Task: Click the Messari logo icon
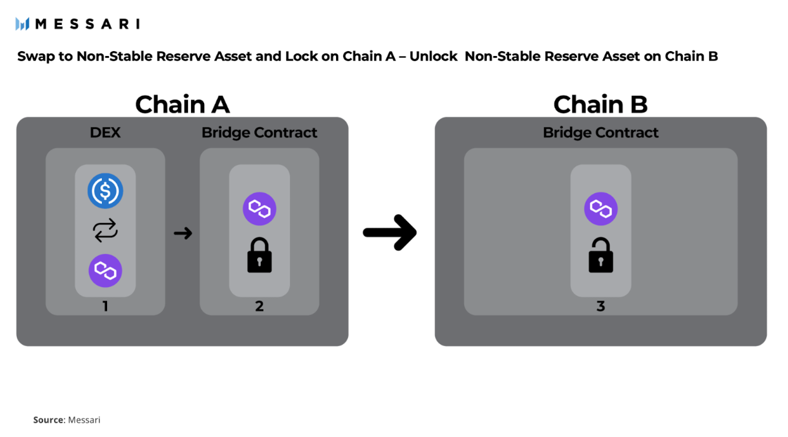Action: pos(22,24)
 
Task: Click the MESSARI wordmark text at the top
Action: pos(87,24)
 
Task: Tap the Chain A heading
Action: pos(182,104)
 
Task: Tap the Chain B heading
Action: pos(600,104)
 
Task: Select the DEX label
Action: pos(105,133)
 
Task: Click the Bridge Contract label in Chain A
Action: pos(259,133)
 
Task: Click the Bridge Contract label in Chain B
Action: pos(600,133)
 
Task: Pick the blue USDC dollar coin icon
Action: pos(105,190)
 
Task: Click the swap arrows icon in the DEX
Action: pos(105,231)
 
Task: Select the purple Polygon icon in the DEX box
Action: pos(105,271)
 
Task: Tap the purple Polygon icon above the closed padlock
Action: pos(259,209)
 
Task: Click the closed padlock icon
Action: pos(259,255)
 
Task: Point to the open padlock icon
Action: pos(600,255)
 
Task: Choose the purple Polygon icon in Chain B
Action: pos(600,209)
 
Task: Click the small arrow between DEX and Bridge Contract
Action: pos(182,233)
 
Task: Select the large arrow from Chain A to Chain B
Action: pos(390,233)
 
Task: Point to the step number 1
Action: pos(105,306)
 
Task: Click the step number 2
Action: pos(259,306)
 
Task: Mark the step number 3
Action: pos(600,306)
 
